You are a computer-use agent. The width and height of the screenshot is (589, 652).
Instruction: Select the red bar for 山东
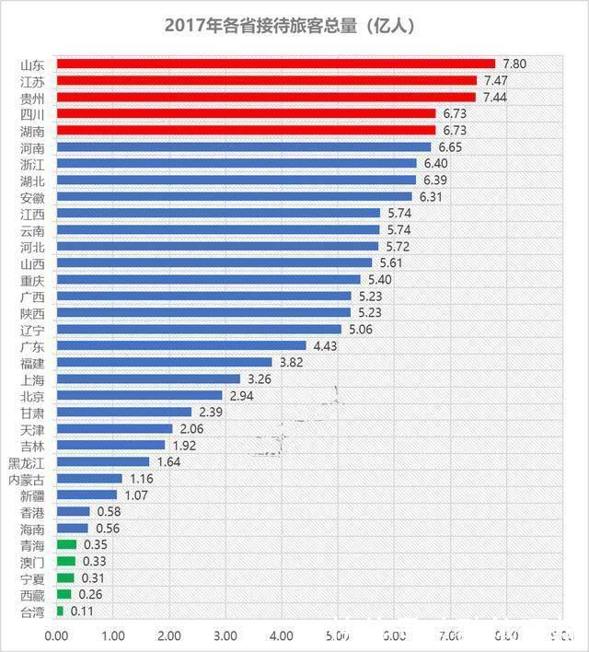[x=276, y=64]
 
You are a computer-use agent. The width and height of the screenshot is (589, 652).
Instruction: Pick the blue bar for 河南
[x=244, y=147]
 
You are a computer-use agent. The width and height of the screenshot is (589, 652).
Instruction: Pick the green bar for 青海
[x=66, y=545]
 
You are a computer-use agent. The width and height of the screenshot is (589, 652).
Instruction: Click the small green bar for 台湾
[x=60, y=611]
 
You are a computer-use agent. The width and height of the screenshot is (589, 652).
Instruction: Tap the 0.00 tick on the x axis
[x=57, y=635]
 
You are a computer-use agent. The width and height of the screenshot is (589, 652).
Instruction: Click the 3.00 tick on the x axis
[x=225, y=635]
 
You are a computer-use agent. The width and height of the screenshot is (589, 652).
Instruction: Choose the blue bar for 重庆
[x=209, y=280]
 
